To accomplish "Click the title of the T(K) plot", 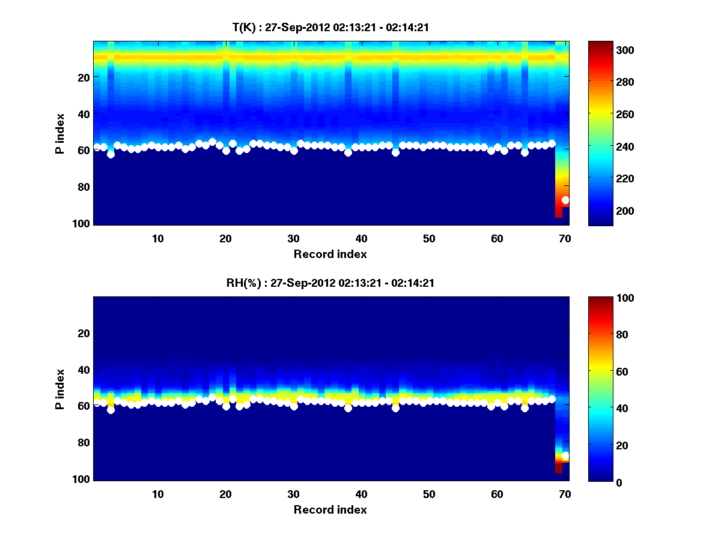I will tap(330, 27).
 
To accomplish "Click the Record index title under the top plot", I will tap(330, 254).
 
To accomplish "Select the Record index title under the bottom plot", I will tap(330, 510).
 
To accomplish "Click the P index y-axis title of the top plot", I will tap(60, 133).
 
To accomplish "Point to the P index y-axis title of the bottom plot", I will tap(60, 389).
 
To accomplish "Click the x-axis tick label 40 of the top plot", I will tap(361, 238).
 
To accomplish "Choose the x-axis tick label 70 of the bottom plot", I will tap(564, 494).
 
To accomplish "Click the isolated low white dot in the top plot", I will tap(565, 200).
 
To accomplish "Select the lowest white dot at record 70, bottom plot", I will tap(565, 456).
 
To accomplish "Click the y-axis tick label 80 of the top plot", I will tap(84, 187).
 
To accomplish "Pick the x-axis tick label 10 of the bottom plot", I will tap(157, 494).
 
